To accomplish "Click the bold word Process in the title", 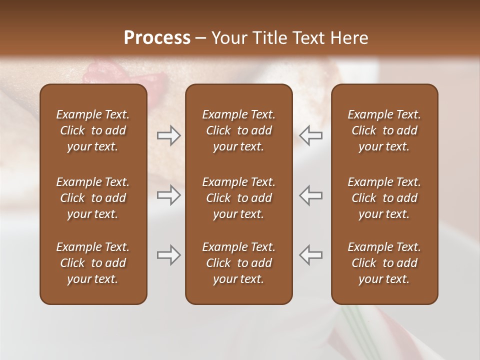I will [157, 38].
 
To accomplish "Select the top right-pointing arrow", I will [169, 135].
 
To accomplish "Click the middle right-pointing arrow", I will [169, 195].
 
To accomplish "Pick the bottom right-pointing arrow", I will [169, 255].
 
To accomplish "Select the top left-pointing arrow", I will [310, 135].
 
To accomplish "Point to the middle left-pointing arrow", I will [310, 195].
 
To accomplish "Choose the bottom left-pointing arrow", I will [310, 255].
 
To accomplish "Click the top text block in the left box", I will [93, 130].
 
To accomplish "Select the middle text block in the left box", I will [93, 198].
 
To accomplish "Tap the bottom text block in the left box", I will [93, 263].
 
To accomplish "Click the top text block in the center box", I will [238, 130].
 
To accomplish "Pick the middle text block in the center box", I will [238, 198].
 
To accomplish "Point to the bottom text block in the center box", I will [238, 263].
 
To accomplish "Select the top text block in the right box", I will [384, 130].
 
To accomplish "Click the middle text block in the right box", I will [384, 198].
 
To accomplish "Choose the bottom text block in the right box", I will [384, 263].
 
